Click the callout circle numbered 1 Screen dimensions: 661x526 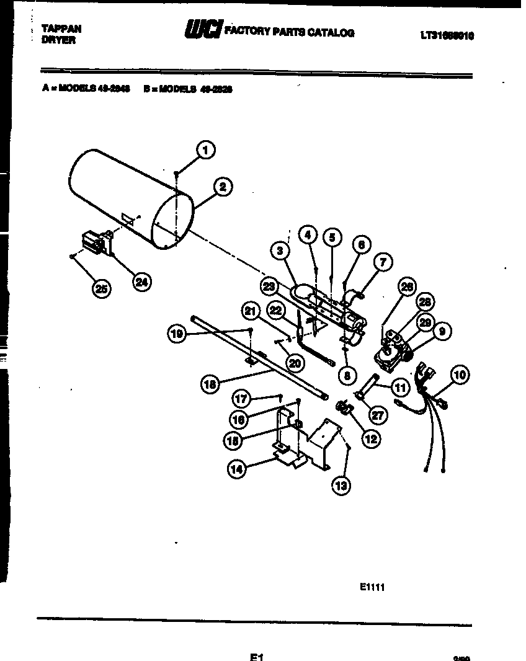[206, 149]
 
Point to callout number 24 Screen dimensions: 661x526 [142, 282]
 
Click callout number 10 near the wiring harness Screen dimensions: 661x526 [460, 375]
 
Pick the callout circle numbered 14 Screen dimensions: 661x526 [237, 469]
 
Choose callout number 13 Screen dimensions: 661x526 [341, 486]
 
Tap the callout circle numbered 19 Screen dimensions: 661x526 [178, 334]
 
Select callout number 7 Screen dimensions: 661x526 [383, 262]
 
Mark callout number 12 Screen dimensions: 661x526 [370, 438]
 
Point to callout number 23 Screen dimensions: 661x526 [269, 287]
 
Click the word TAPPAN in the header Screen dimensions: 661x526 [61, 29]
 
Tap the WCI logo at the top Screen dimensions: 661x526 [202, 30]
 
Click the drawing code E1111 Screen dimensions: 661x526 [372, 587]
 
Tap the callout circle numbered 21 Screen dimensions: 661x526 [250, 311]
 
